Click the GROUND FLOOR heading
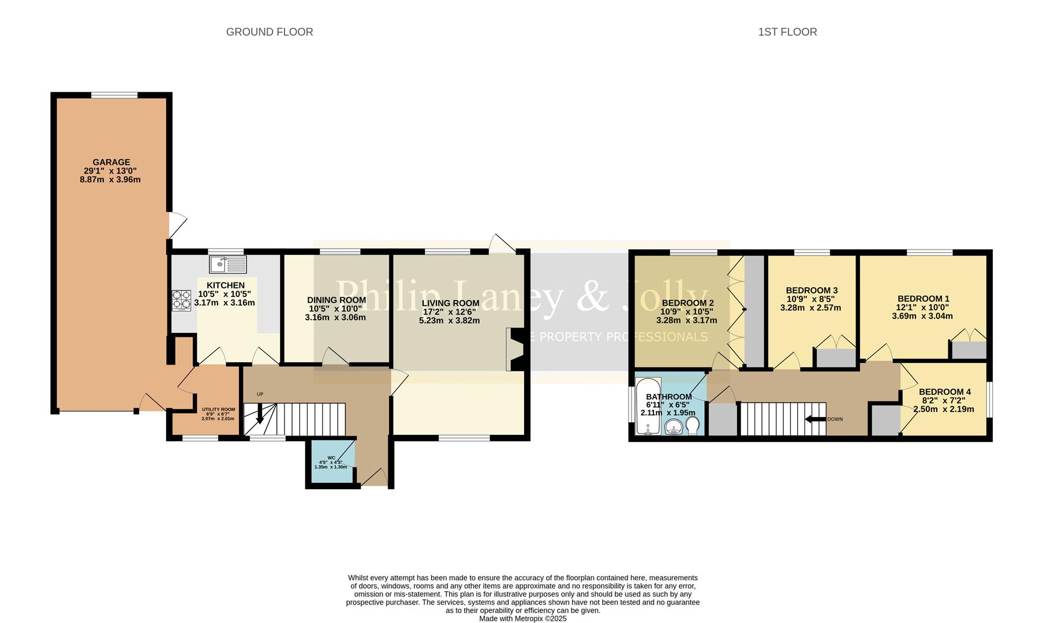point(269,32)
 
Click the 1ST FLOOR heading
point(787,32)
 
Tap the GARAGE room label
point(111,162)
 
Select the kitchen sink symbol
point(227,265)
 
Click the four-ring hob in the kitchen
point(181,300)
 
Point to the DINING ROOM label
point(336,300)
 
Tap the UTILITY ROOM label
point(218,410)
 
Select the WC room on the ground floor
point(331,463)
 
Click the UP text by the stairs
point(260,395)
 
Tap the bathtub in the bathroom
point(648,407)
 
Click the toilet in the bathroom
point(692,426)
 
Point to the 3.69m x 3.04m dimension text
point(922,316)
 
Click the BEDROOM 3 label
point(811,290)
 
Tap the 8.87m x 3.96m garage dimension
point(110,179)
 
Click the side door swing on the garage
point(178,225)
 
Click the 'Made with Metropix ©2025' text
point(522,618)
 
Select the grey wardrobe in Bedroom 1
point(969,350)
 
